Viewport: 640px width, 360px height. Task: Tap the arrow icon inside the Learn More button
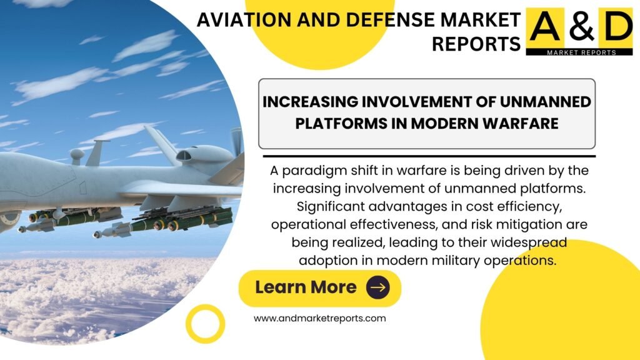[x=377, y=287]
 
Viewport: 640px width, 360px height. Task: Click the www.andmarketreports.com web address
[x=319, y=318]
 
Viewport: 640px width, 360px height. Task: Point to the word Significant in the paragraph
[x=329, y=206]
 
